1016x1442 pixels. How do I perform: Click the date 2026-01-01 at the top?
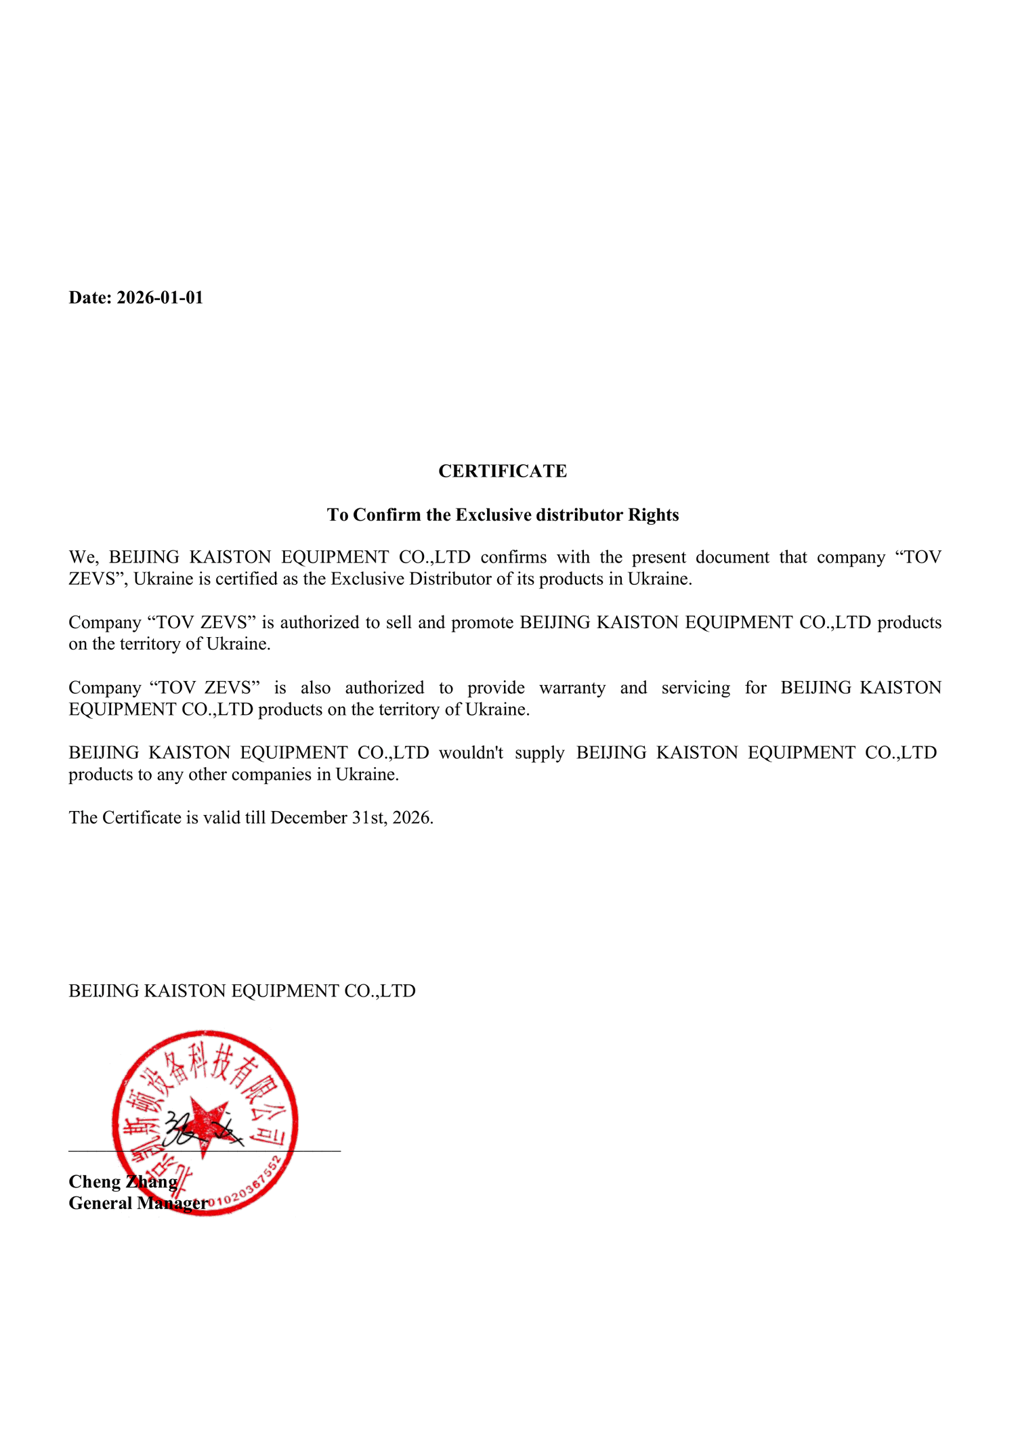160,298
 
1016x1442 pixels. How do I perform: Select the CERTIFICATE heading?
503,471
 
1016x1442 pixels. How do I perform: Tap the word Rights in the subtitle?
653,515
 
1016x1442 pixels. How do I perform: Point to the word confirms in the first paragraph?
513,557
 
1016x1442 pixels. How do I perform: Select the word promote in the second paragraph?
482,622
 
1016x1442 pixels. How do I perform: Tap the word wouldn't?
471,753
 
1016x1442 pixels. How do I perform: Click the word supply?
539,753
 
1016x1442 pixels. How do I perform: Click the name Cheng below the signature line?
94,1182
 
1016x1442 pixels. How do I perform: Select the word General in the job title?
100,1204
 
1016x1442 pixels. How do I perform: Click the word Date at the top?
89,298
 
